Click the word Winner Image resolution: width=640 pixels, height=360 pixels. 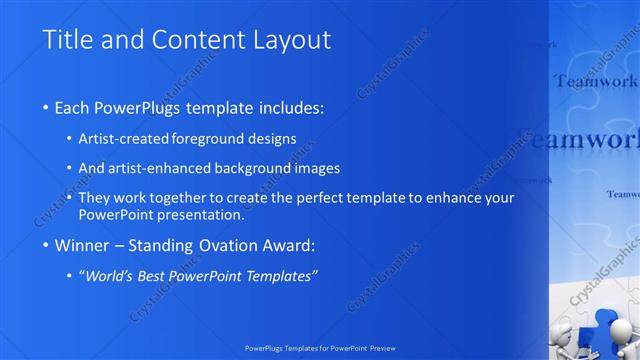(x=82, y=245)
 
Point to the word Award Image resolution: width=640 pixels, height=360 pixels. (x=286, y=245)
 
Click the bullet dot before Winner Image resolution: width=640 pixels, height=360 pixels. (x=47, y=246)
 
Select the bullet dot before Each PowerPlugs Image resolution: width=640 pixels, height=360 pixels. (x=47, y=107)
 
